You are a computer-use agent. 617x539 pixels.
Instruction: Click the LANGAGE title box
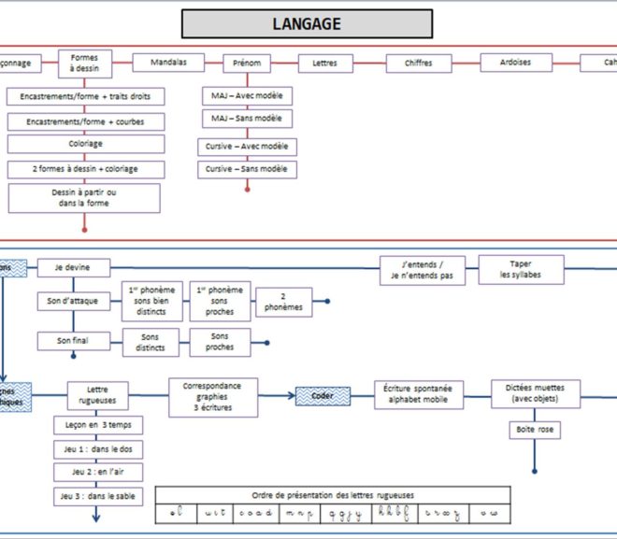307,23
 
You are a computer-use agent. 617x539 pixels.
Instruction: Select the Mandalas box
168,63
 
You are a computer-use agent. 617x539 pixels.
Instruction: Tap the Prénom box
248,64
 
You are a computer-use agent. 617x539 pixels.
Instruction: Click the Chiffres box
418,64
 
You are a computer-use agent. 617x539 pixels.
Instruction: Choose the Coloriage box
85,144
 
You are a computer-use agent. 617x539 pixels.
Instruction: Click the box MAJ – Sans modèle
247,119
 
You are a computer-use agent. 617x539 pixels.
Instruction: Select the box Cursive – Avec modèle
247,147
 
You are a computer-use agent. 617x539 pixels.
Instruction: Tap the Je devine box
74,269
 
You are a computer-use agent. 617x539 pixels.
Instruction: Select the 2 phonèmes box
282,301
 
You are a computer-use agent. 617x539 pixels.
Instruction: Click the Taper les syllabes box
521,269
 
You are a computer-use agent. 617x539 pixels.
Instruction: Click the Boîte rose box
535,431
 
